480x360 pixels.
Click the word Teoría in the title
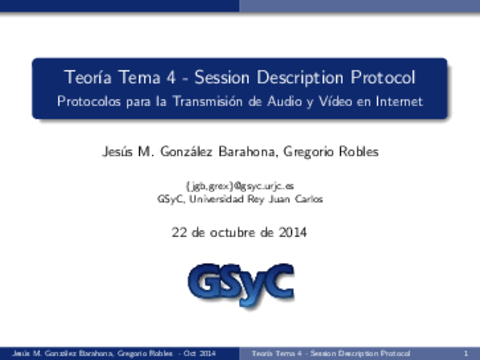pos(86,77)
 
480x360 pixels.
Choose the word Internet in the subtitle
pos(396,101)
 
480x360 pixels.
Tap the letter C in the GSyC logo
pos(277,285)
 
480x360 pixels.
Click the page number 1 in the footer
pos(467,354)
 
